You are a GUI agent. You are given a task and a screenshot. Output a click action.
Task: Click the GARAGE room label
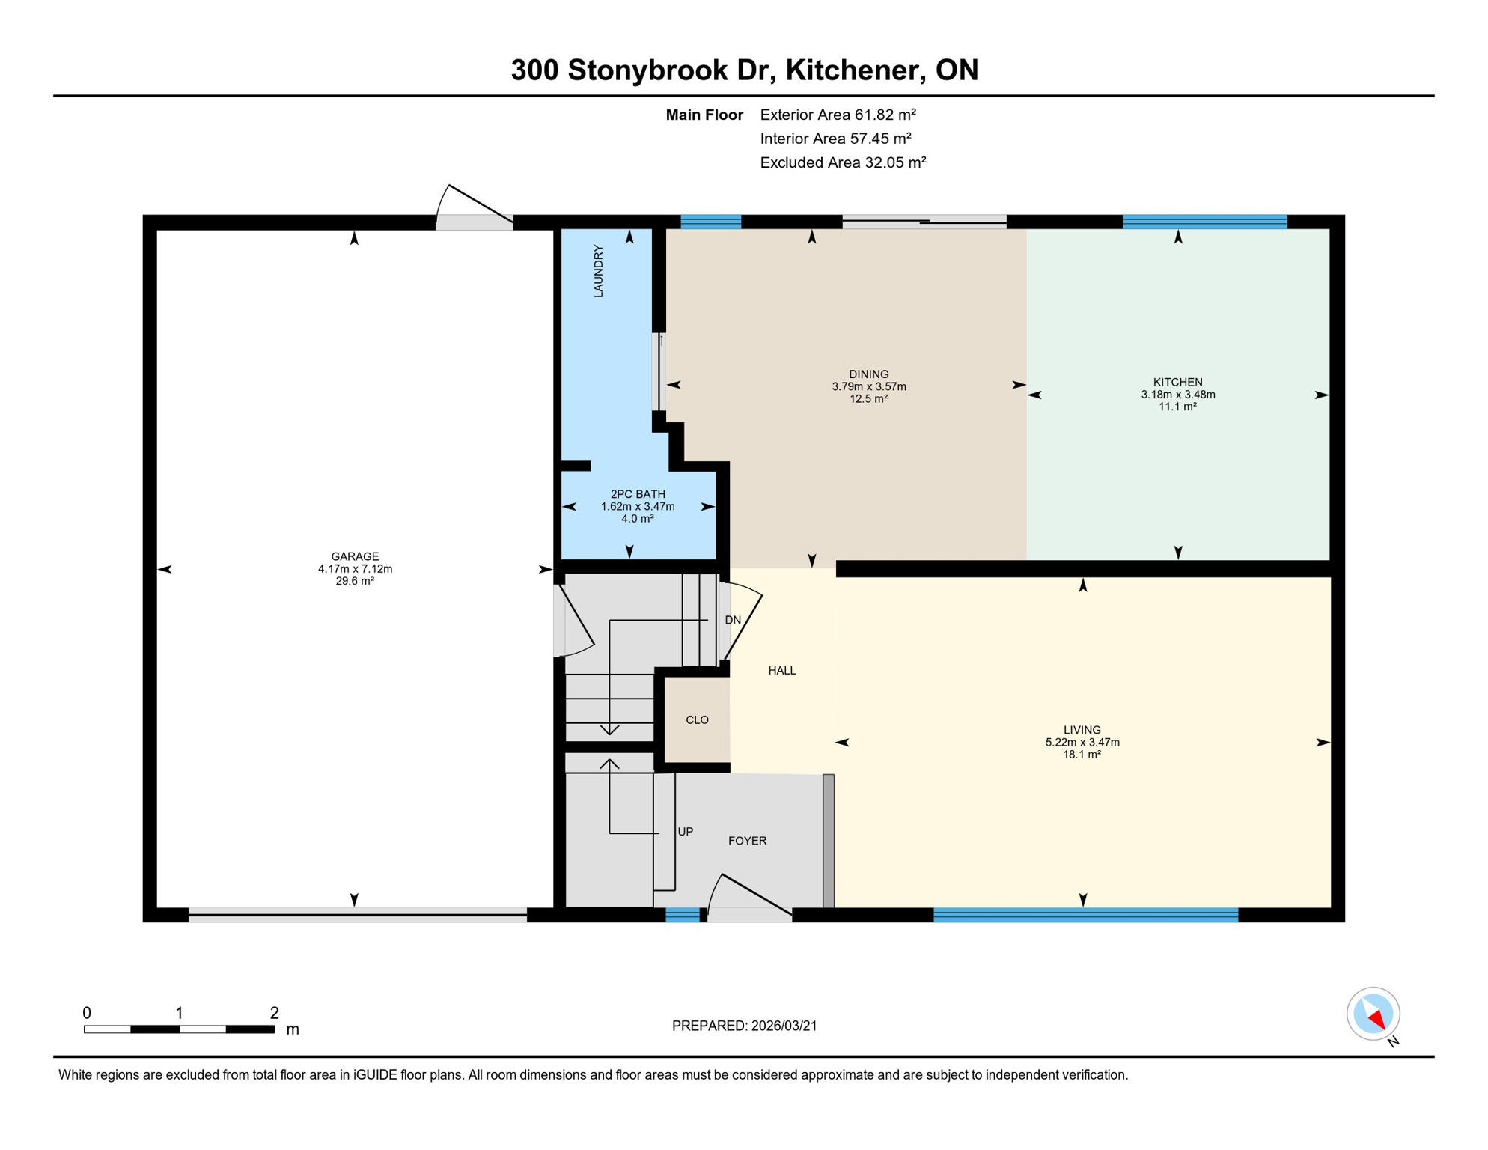(x=355, y=556)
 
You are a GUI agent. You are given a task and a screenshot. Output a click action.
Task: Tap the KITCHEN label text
(x=1177, y=382)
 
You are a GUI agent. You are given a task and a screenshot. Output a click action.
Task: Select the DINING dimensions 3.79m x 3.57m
(x=868, y=386)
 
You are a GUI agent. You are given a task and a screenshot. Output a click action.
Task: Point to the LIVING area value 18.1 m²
(x=1082, y=755)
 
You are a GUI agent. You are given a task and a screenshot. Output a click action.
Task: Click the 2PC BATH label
(x=637, y=494)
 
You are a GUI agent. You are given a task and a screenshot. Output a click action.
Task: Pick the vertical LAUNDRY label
(x=598, y=271)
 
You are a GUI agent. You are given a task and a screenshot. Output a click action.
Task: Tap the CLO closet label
(x=697, y=719)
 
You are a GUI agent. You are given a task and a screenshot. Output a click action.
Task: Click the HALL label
(x=781, y=671)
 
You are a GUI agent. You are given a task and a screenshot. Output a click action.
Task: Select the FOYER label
(x=747, y=841)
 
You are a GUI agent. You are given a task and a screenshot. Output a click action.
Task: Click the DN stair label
(x=733, y=620)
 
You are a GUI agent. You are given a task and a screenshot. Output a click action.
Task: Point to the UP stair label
(x=685, y=832)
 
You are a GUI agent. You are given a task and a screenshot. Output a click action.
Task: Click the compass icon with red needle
(x=1373, y=1014)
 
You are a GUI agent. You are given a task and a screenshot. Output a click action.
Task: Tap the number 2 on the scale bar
(x=274, y=1013)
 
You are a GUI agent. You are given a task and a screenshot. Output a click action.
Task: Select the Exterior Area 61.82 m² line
(x=838, y=115)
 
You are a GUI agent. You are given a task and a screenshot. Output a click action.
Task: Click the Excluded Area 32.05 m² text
(x=843, y=162)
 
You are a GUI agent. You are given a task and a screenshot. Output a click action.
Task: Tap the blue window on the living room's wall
(x=1085, y=914)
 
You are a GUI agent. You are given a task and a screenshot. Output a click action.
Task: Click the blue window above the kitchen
(x=1204, y=222)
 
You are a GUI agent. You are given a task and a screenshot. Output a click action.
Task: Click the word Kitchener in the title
(x=852, y=70)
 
